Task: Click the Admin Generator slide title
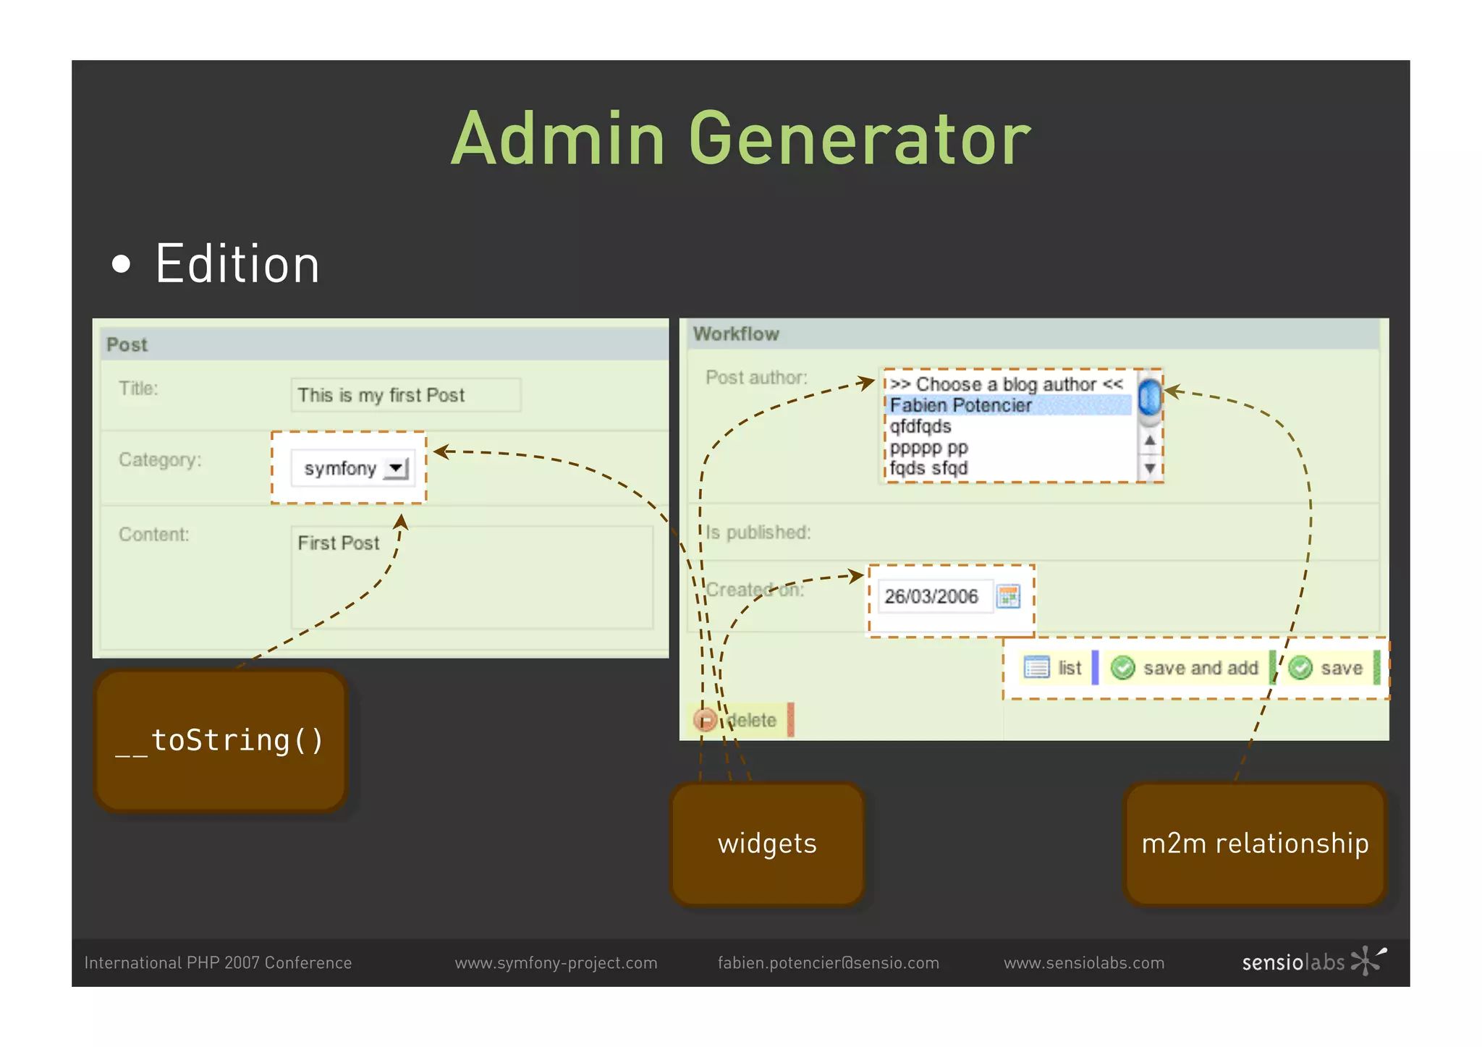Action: point(740,139)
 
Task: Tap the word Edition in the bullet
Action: point(237,265)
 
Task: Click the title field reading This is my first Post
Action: point(405,395)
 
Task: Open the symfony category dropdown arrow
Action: point(397,468)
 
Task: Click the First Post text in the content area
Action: point(338,543)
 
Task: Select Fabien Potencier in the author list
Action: point(960,405)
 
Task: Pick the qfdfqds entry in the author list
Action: point(920,426)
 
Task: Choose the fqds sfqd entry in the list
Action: point(928,468)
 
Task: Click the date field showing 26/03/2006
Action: point(931,596)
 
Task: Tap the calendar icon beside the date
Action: point(1008,596)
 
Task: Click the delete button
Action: point(740,720)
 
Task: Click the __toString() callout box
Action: point(221,740)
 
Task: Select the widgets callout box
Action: point(767,843)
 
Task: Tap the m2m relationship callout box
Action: point(1255,843)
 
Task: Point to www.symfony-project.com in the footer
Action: point(556,963)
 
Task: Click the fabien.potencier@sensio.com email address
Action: point(828,963)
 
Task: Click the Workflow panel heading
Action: point(736,334)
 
